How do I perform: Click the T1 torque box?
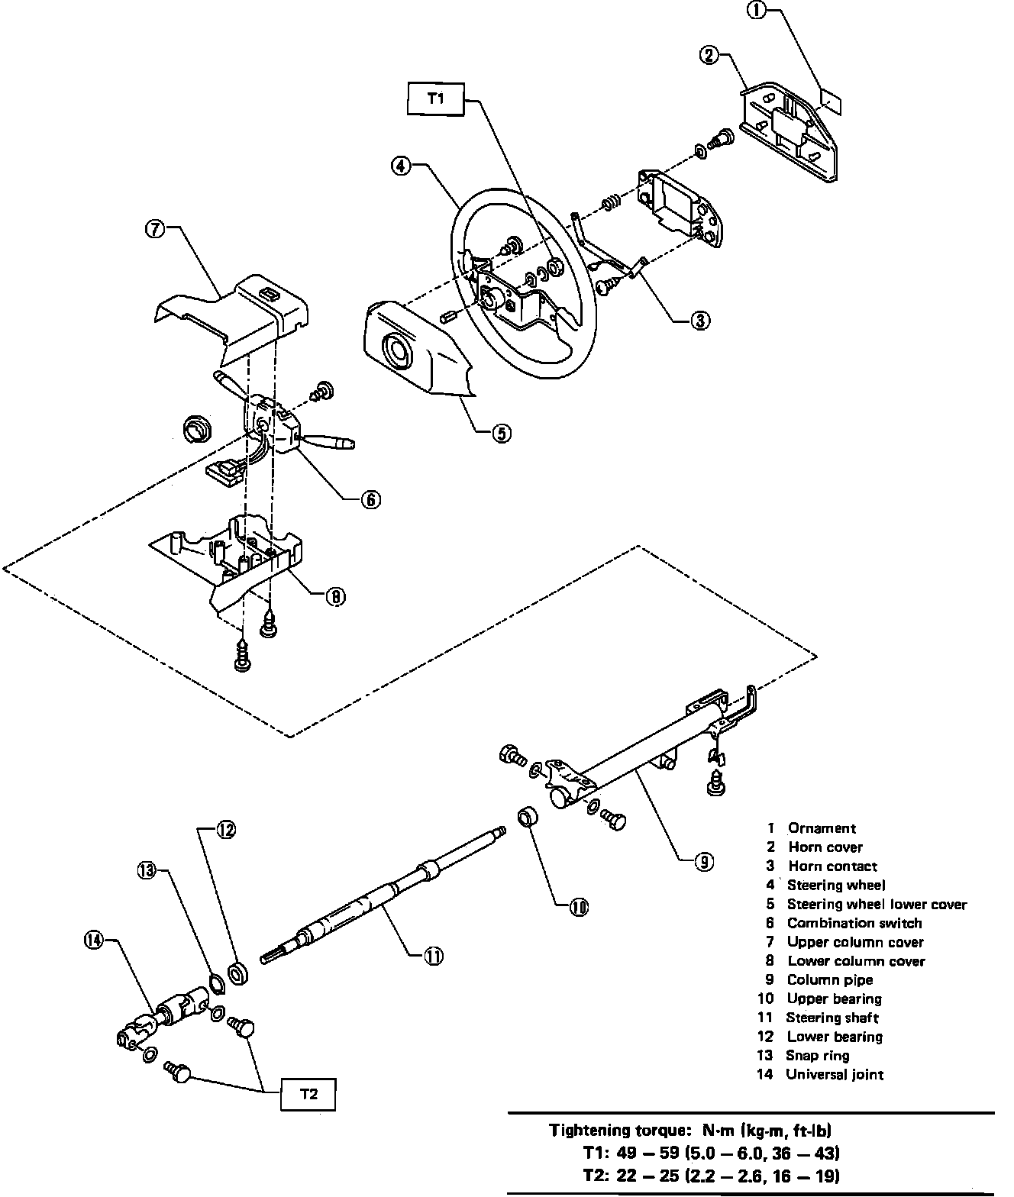(434, 98)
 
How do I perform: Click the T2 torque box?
(308, 1094)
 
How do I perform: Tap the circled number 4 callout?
(402, 165)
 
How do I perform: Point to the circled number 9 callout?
(703, 862)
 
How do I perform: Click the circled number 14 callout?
(92, 941)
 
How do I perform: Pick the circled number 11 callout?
(434, 955)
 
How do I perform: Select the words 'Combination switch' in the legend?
(854, 923)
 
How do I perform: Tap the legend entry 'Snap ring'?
(817, 1055)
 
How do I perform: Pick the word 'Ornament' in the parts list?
(822, 828)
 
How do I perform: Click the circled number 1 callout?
(757, 11)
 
